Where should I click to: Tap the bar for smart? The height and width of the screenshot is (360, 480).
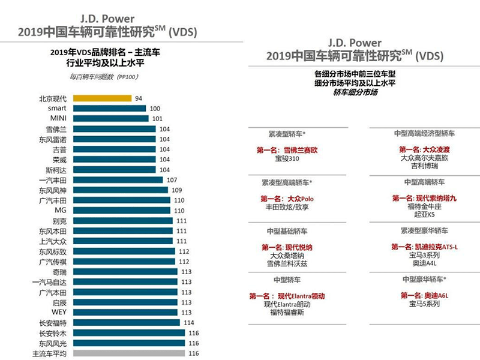tap(109, 108)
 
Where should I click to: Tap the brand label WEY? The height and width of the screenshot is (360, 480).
tap(59, 312)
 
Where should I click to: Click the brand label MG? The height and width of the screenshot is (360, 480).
tap(61, 211)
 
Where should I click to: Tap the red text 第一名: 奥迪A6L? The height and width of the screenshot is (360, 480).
tap(424, 296)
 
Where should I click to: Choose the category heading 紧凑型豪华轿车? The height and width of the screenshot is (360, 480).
tap(423, 230)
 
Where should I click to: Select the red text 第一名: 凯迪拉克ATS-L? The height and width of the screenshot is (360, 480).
tap(424, 247)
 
